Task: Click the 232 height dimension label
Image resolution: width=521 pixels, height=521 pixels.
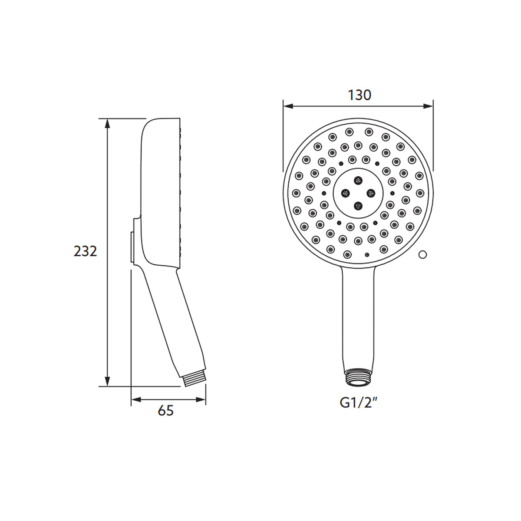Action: pyautogui.click(x=85, y=251)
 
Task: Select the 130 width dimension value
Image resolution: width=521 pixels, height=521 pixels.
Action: pyautogui.click(x=359, y=95)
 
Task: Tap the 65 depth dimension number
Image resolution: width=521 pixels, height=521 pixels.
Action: pyautogui.click(x=165, y=410)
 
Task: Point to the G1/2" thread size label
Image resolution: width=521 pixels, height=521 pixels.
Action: pyautogui.click(x=358, y=403)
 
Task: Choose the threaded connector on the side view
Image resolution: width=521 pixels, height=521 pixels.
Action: pyautogui.click(x=194, y=379)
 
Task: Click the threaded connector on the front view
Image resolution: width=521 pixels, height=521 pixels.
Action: pyautogui.click(x=358, y=377)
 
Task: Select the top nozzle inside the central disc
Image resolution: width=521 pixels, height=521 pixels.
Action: pyautogui.click(x=358, y=180)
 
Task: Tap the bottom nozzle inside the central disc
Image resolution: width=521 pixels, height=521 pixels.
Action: pyautogui.click(x=358, y=205)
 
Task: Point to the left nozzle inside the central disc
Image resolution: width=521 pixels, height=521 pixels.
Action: pyautogui.click(x=346, y=193)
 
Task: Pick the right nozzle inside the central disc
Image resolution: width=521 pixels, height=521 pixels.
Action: pyautogui.click(x=371, y=192)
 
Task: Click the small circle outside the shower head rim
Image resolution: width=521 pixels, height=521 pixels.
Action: pyautogui.click(x=422, y=255)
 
